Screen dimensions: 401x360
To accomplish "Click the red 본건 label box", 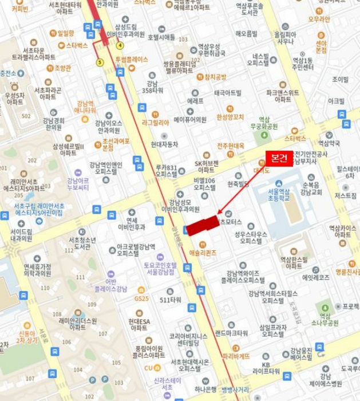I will pos(279,159).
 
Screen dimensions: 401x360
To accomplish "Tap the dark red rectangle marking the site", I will pos(203,225).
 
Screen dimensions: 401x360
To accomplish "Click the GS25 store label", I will pos(141,298).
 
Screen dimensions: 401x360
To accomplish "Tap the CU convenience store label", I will pos(149,368).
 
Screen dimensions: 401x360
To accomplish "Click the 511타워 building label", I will pos(170,300).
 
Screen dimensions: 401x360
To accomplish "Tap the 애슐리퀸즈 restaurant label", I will pos(203,253).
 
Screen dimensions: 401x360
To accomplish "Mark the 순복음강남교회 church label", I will pos(312,189).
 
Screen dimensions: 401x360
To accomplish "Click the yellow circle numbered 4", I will pos(120,45).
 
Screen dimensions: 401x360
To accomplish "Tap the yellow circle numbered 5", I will pos(100,62).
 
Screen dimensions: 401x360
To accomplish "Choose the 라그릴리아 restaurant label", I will pos(156,122).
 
